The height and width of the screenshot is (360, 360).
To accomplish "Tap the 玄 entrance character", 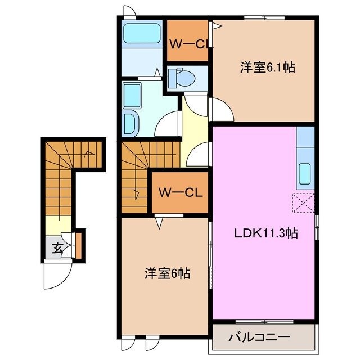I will pyautogui.click(x=57, y=246).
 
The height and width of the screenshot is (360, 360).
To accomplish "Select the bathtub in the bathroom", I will pyautogui.click(x=141, y=35).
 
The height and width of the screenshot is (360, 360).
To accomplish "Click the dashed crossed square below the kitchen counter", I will pyautogui.click(x=304, y=203).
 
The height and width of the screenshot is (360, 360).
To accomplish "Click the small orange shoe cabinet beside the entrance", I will pyautogui.click(x=79, y=243).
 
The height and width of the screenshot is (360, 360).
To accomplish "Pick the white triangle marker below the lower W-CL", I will pyautogui.click(x=160, y=222).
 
